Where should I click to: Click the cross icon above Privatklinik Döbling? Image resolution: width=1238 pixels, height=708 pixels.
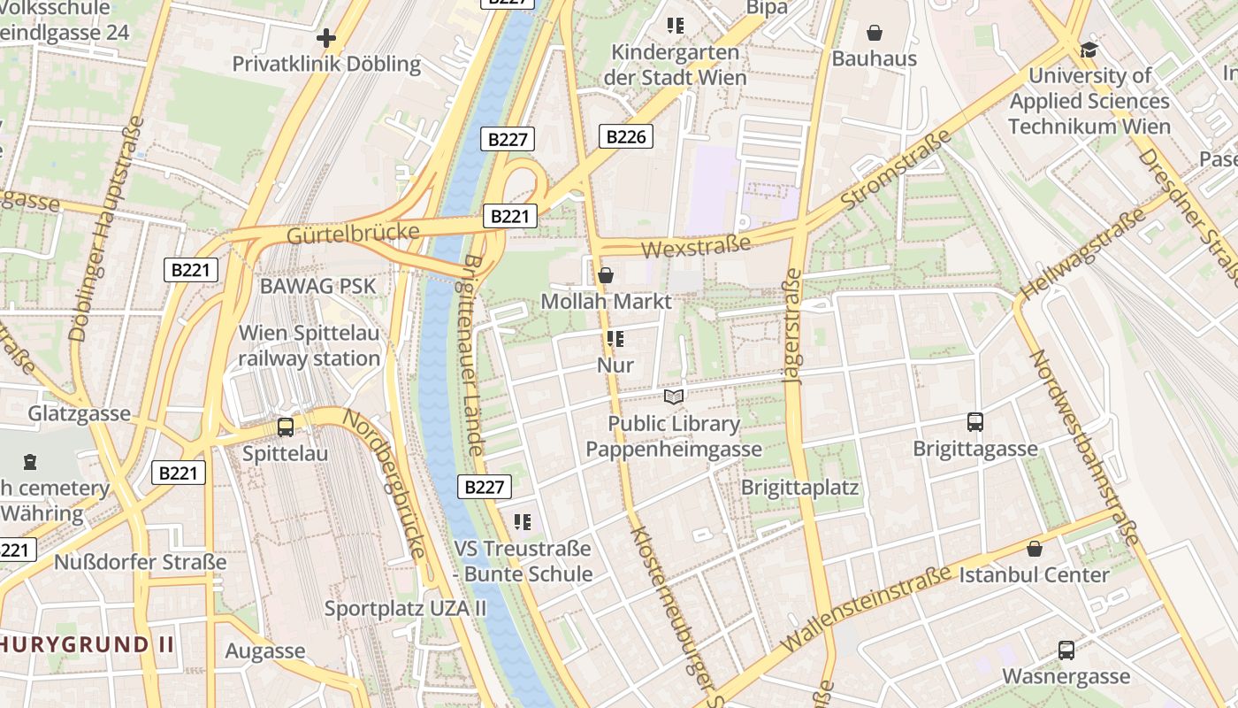pyautogui.click(x=326, y=38)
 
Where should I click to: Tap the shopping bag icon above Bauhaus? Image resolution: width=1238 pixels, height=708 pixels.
pyautogui.click(x=875, y=34)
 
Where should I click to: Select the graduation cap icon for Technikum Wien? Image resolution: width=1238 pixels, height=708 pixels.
pyautogui.click(x=1089, y=50)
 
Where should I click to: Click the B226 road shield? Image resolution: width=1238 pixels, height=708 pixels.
pyautogui.click(x=626, y=136)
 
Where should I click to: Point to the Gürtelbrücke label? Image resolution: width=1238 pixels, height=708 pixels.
pyautogui.click(x=353, y=234)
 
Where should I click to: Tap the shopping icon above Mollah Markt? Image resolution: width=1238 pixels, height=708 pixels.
pyautogui.click(x=606, y=275)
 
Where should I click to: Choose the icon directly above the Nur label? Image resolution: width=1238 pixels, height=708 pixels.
pyautogui.click(x=615, y=339)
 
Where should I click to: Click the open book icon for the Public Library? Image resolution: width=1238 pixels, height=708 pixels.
pyautogui.click(x=674, y=397)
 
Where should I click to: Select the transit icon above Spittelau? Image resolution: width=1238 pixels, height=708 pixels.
pyautogui.click(x=286, y=427)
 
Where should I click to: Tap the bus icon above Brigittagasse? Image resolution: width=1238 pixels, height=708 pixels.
pyautogui.click(x=975, y=422)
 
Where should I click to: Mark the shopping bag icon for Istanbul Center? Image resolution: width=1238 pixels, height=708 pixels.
pyautogui.click(x=1035, y=549)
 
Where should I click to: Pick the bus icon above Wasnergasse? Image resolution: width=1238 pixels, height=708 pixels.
pyautogui.click(x=1066, y=650)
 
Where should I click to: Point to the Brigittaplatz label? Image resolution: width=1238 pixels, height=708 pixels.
pyautogui.click(x=799, y=488)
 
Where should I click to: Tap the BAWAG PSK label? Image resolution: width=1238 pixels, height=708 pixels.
pyautogui.click(x=317, y=286)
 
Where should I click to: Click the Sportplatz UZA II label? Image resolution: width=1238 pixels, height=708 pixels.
pyautogui.click(x=405, y=609)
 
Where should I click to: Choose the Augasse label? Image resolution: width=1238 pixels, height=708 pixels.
pyautogui.click(x=265, y=651)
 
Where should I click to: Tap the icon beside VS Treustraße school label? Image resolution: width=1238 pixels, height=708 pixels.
pyautogui.click(x=523, y=522)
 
